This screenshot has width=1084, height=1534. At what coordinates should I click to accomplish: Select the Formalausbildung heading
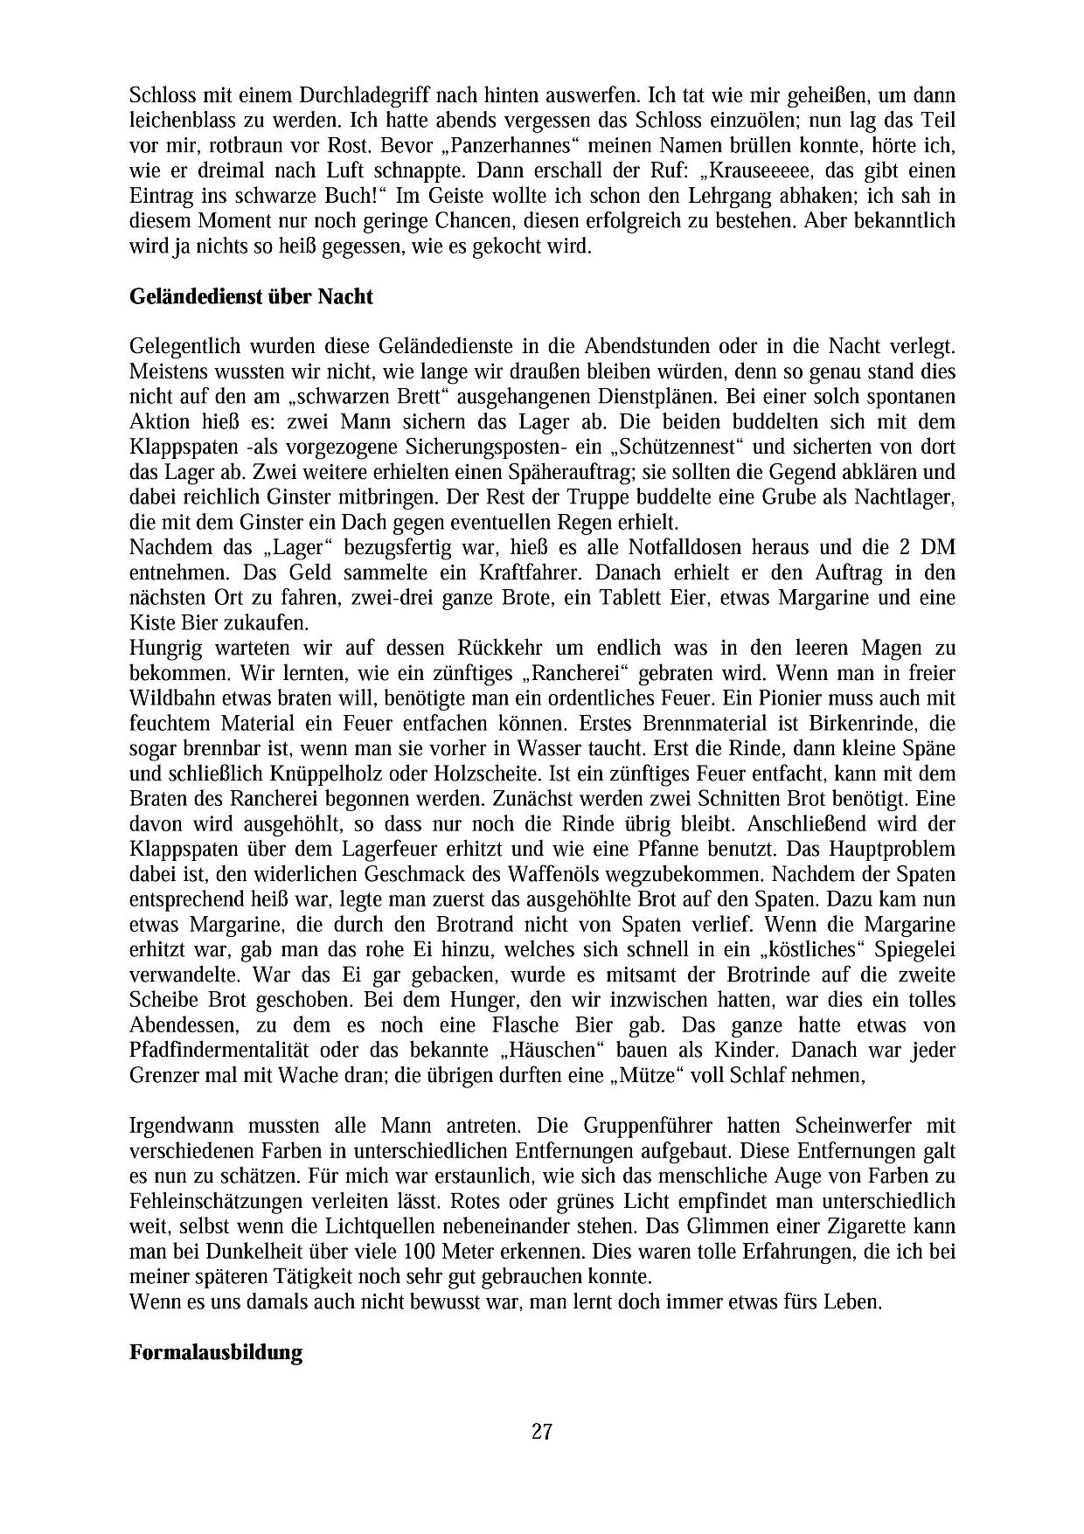215,1354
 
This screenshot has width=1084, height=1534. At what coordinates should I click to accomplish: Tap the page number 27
541,1432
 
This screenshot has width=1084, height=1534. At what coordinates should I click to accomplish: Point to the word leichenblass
184,119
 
